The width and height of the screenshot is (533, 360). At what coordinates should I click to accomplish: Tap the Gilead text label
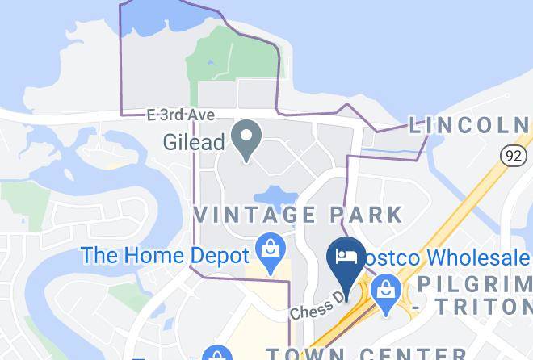(x=193, y=143)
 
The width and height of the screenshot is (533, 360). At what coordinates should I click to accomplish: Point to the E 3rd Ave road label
(x=181, y=115)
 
